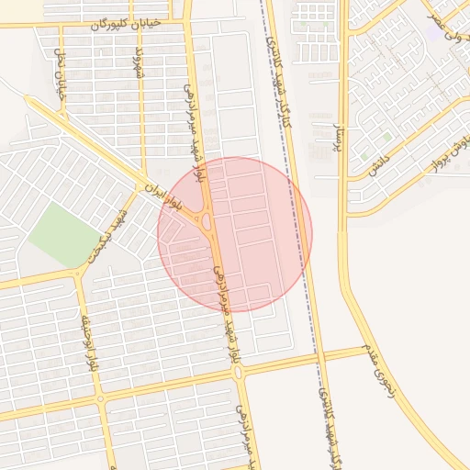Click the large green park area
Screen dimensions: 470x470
[x=62, y=235]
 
